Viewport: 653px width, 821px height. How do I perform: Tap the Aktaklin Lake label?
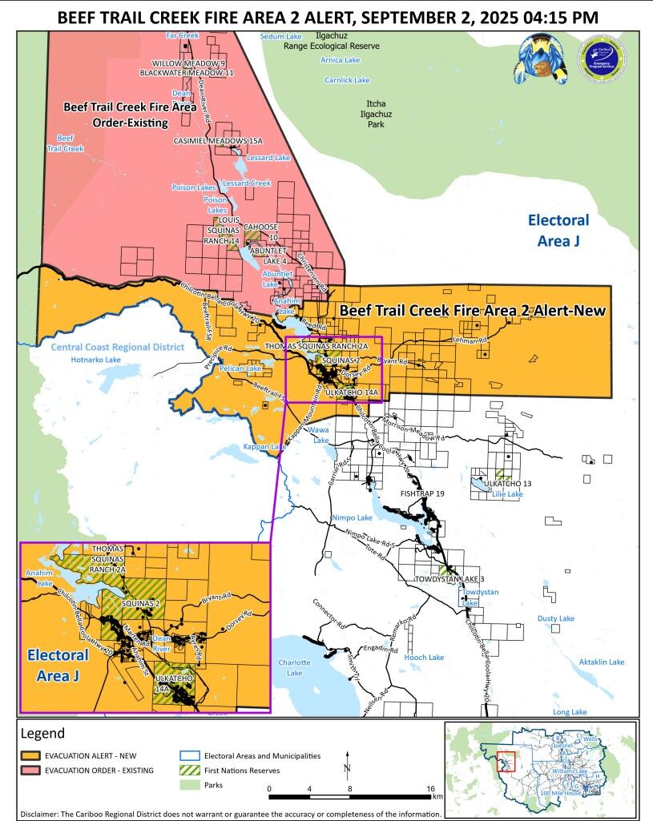coord(601,662)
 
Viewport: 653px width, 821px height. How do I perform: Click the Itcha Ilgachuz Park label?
coord(376,115)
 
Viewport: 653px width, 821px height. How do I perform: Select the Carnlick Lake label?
coord(347,80)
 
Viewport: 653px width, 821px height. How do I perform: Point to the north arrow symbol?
coord(347,766)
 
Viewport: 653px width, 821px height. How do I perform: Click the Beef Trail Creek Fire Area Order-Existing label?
coord(118,114)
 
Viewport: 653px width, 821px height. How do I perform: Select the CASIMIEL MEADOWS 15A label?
coord(218,140)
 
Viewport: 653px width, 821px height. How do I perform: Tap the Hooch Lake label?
coord(424,658)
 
